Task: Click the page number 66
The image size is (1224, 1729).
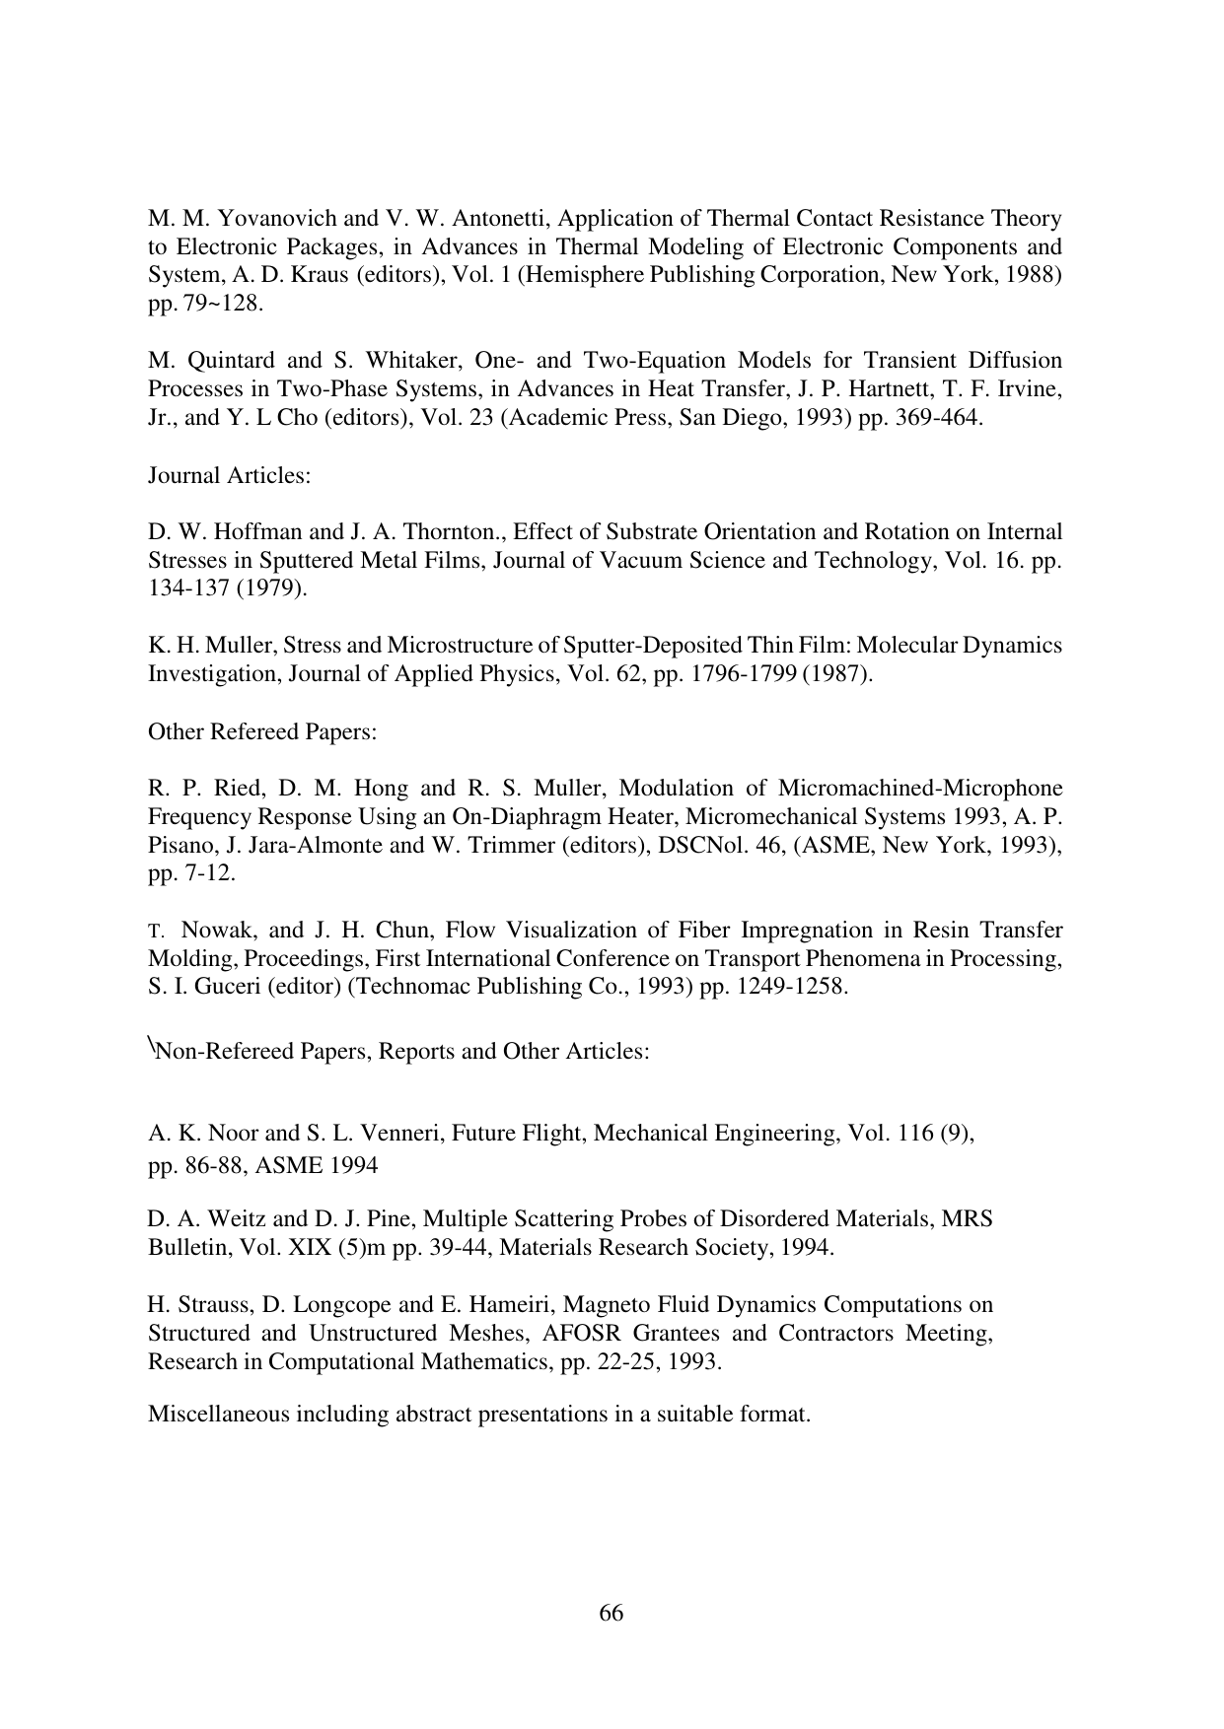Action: tap(612, 1614)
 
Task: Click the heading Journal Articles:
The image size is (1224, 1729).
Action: tap(229, 475)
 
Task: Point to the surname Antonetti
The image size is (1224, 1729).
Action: tap(438, 218)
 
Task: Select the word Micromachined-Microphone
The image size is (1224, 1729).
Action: tap(920, 789)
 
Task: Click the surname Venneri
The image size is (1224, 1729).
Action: tap(400, 1134)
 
